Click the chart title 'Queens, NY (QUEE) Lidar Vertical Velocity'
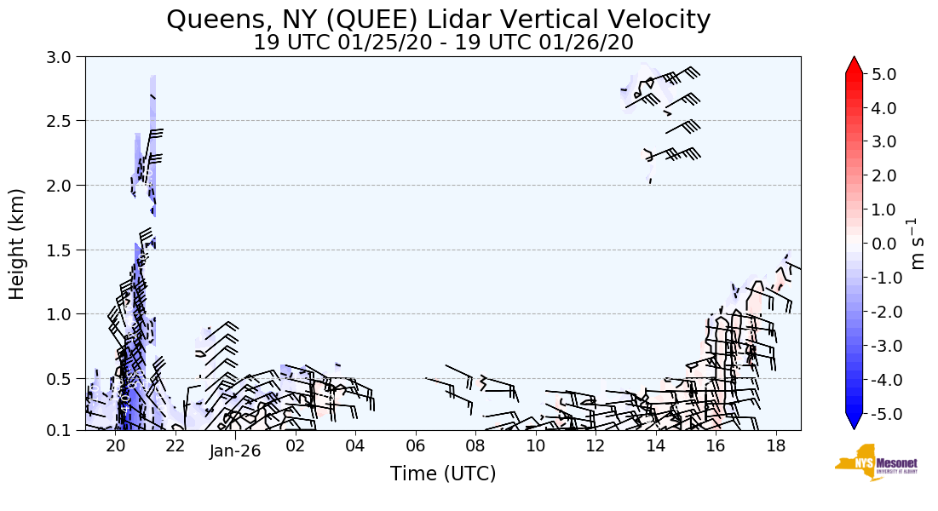[x=439, y=19]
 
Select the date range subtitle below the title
[x=443, y=43]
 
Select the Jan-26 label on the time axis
[x=235, y=451]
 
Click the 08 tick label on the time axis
[x=475, y=446]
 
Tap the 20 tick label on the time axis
[x=116, y=446]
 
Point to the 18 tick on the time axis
[x=775, y=446]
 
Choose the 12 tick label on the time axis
[x=596, y=446]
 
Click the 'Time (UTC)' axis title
[x=443, y=474]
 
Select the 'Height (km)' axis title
[x=17, y=244]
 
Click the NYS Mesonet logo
[x=875, y=462]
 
